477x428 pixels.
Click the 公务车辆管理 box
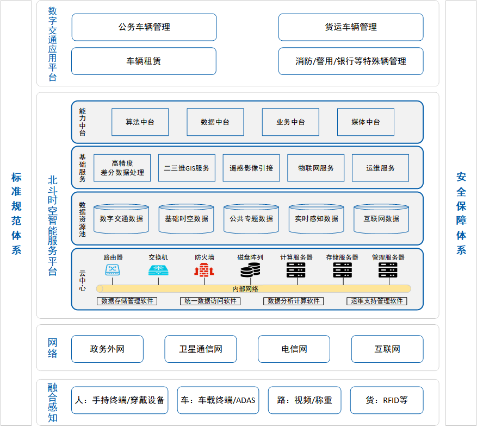144,27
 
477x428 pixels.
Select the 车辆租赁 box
144,61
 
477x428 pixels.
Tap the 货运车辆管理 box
351,27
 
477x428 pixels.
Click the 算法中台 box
140,122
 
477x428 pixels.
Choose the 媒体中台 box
366,122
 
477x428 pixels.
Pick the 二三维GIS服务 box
187,168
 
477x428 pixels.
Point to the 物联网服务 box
316,168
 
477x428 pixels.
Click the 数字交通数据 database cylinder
121,219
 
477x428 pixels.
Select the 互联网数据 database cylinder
381,219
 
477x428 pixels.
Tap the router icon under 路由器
113,270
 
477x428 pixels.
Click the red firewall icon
204,270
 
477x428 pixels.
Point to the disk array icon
250,270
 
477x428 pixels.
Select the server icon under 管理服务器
388,270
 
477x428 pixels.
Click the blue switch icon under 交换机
158,270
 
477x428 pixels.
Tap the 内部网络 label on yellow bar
245,289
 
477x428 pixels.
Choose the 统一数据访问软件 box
210,301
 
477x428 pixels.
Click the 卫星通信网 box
201,349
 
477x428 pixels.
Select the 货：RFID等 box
387,400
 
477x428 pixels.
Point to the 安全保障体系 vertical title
461,213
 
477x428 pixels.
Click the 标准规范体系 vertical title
16,213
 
